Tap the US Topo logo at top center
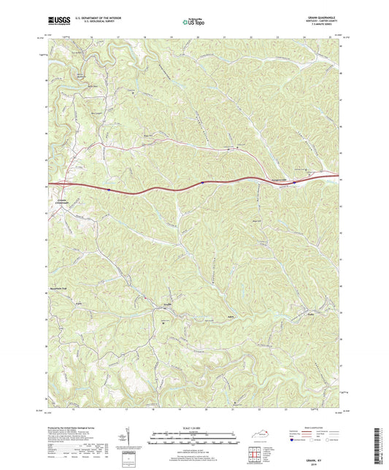point(194,23)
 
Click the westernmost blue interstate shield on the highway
point(107,189)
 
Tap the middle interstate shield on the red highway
point(201,184)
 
